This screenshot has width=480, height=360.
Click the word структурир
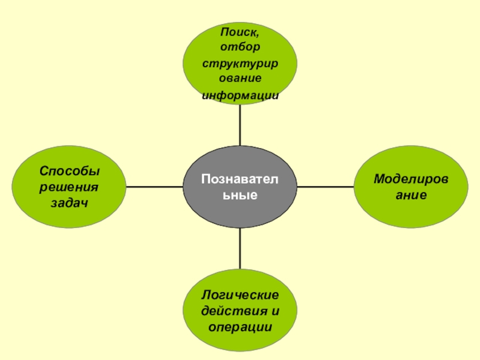[x=240, y=63]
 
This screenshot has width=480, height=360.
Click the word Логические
[x=240, y=296]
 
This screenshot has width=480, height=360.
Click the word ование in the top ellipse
[x=240, y=79]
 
